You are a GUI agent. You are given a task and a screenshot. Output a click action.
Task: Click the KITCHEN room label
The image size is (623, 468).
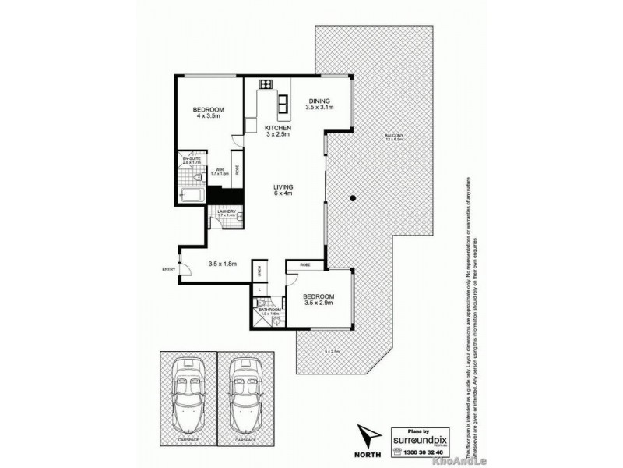278,127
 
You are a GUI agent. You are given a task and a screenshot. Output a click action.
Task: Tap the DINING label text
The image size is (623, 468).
319,101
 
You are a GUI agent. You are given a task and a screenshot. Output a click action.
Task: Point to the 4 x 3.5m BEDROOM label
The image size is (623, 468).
209,112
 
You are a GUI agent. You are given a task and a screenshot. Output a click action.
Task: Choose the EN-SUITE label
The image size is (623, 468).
192,160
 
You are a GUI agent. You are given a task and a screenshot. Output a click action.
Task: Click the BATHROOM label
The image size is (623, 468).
269,310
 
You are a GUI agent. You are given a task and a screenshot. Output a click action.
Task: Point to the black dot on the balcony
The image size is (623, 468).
353,197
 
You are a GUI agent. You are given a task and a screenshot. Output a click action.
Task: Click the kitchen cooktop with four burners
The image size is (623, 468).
266,83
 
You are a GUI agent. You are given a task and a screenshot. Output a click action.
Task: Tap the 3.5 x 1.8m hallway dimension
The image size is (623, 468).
223,264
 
